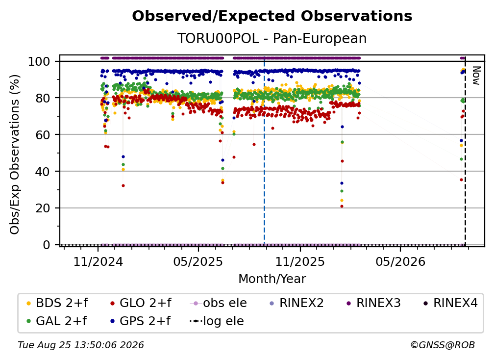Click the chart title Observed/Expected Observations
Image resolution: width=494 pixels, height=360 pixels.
[x=272, y=16]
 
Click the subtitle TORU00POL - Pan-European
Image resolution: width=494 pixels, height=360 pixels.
[x=272, y=38]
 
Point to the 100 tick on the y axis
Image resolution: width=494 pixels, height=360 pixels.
[x=39, y=61]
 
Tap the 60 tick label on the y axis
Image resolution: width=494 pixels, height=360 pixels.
[x=43, y=134]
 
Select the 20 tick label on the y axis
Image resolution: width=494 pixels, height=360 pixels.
[x=43, y=208]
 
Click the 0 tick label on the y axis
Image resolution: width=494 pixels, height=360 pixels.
[x=46, y=245]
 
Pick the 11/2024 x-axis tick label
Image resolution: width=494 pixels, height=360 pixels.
[x=98, y=261]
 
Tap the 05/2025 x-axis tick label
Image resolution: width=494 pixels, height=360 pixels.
[x=198, y=261]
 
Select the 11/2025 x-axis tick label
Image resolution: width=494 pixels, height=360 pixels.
[x=300, y=261]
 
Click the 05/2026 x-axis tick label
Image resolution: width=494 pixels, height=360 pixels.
[x=400, y=261]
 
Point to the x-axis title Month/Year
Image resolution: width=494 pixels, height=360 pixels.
[x=272, y=279]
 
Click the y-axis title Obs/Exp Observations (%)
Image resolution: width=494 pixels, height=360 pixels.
[x=15, y=154]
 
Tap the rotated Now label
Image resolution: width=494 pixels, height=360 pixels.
[x=476, y=76]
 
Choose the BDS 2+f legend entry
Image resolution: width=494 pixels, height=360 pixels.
[x=57, y=303]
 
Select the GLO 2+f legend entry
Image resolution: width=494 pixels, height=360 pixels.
[x=141, y=303]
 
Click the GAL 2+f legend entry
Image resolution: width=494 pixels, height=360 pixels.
[x=57, y=321]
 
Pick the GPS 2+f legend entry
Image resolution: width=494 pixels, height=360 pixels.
[x=140, y=321]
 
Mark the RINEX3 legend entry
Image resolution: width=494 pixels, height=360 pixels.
[x=373, y=303]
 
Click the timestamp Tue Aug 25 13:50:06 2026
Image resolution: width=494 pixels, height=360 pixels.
[x=81, y=345]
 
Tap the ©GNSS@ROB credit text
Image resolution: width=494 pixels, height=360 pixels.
[x=443, y=345]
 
